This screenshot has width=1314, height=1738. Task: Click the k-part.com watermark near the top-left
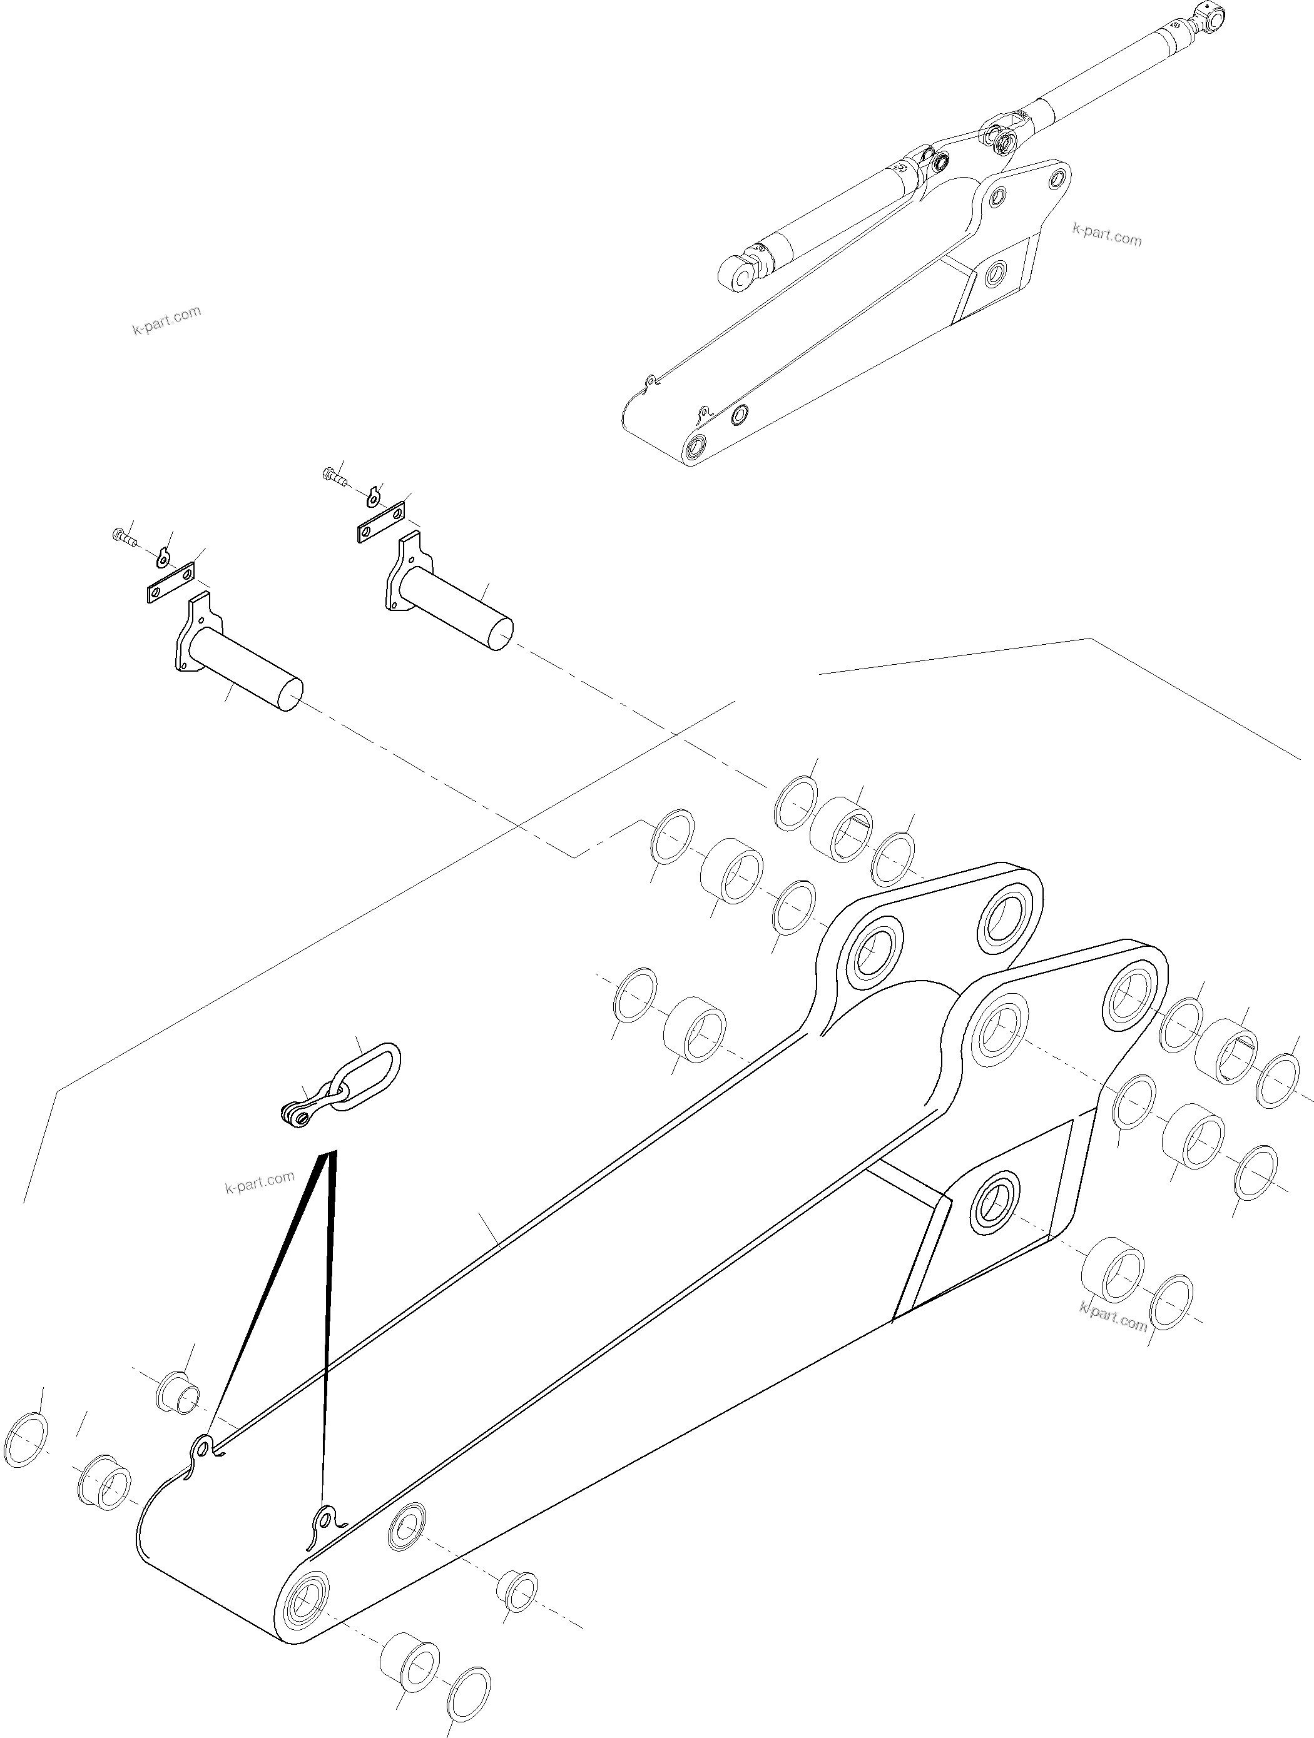click(x=166, y=320)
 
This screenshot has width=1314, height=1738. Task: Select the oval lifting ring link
click(x=369, y=1077)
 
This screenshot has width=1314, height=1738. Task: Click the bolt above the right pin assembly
click(x=335, y=475)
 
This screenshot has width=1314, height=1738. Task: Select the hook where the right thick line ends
click(x=325, y=1520)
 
